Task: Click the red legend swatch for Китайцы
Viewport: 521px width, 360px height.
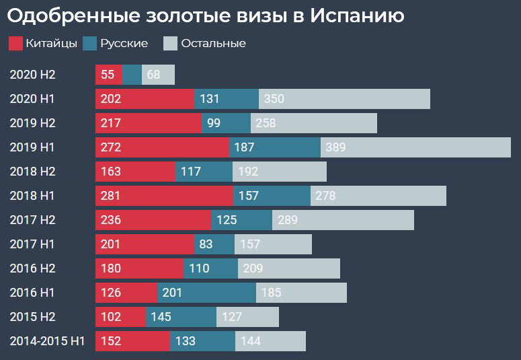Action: tap(16, 44)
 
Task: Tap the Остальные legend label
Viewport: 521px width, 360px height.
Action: tap(213, 44)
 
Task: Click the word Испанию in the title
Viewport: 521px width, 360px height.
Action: tap(357, 15)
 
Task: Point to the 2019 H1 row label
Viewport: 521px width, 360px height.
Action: tap(32, 147)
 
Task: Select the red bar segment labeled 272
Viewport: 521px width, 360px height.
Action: tap(162, 147)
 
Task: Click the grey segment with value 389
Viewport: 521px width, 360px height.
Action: tap(415, 147)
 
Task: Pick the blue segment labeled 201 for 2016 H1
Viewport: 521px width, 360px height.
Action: tap(206, 293)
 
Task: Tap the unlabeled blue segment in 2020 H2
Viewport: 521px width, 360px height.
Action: tap(132, 75)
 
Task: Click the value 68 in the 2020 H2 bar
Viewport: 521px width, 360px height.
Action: tap(154, 75)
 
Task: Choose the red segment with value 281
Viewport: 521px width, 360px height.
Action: tap(164, 196)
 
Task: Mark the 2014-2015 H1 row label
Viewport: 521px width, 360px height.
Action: tap(47, 341)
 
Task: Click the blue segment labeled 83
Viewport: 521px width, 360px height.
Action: tap(214, 244)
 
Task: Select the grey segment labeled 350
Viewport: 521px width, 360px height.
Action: tap(344, 99)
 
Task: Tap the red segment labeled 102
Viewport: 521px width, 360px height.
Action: tap(120, 317)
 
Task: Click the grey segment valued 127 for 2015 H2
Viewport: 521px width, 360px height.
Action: tap(247, 317)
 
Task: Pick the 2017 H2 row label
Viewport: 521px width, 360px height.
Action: tap(32, 220)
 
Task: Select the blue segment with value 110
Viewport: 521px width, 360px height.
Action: tap(210, 268)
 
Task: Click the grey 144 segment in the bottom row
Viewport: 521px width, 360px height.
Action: tap(270, 341)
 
